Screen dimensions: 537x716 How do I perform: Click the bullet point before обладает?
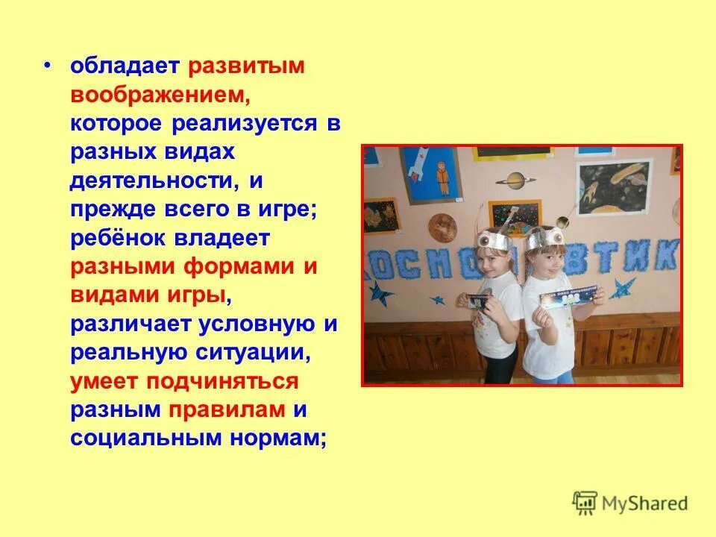pos(48,66)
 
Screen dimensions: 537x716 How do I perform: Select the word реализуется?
pos(245,123)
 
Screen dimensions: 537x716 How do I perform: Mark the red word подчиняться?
pos(222,381)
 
